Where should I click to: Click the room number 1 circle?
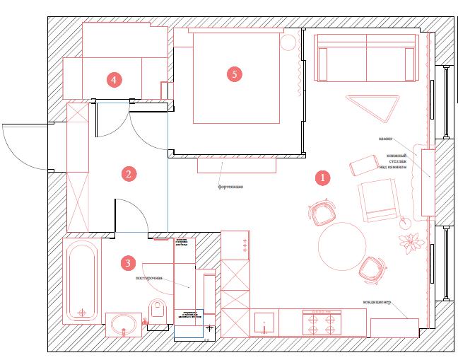(322, 178)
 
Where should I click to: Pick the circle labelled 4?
(115, 79)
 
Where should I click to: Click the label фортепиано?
(230, 187)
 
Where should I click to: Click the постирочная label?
(149, 278)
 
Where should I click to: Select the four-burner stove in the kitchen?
(320, 323)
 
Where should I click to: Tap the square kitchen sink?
(266, 323)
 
